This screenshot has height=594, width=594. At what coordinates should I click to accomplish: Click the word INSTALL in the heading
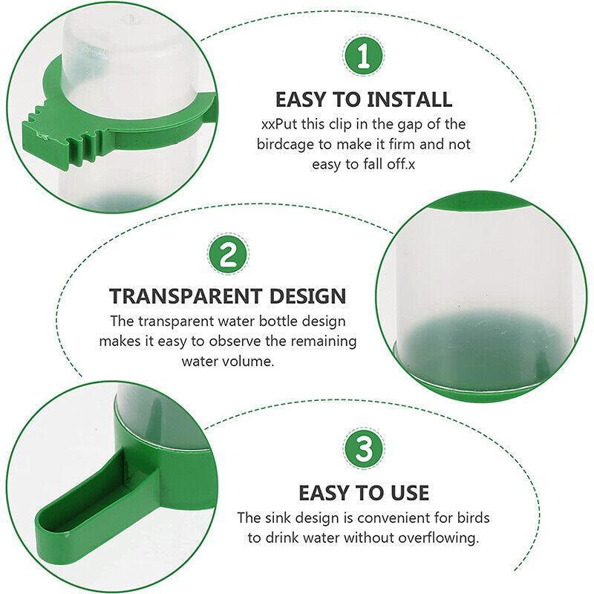tap(410, 99)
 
